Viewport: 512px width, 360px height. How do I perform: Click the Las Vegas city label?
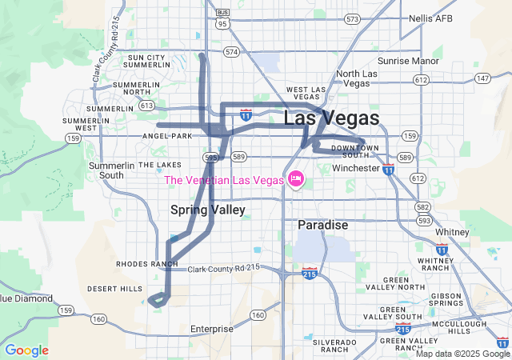pos(331,118)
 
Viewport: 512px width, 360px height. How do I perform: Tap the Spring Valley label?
pos(208,210)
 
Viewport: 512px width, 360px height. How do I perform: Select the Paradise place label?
pos(323,226)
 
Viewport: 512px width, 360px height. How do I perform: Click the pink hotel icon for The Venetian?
pos(294,179)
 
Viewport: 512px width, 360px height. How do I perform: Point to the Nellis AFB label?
pos(431,18)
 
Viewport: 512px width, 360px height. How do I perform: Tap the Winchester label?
pos(355,169)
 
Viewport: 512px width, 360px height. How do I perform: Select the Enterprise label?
pos(212,329)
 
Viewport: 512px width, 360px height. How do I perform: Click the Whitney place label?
pos(453,232)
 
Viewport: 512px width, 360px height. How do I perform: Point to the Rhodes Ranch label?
pos(146,264)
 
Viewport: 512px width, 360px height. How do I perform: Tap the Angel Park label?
pos(167,136)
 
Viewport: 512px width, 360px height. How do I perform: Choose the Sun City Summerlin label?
pos(146,62)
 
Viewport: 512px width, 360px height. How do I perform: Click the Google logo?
pos(26,350)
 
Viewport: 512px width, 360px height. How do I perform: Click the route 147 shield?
pos(482,78)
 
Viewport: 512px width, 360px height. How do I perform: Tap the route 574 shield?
pos(232,52)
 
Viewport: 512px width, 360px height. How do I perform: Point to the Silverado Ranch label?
pos(335,346)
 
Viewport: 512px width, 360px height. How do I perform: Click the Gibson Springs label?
pos(446,300)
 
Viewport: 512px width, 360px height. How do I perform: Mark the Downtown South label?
pos(350,151)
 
